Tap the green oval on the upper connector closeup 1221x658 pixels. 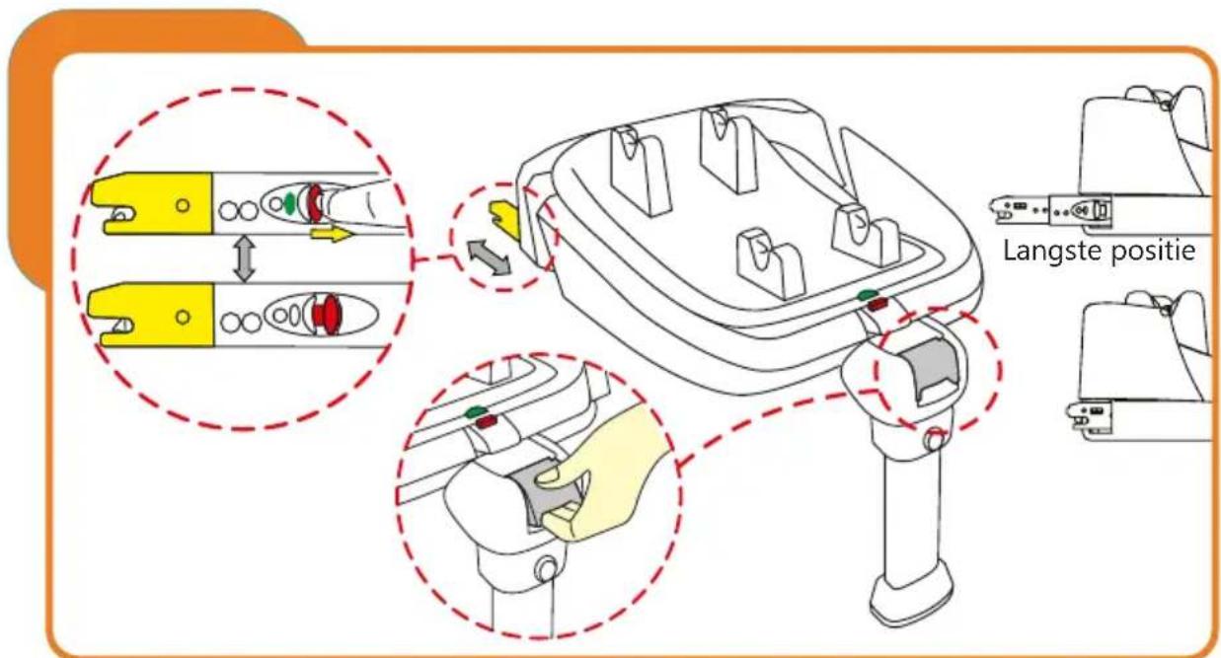[288, 205]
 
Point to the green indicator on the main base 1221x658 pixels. [866, 293]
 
